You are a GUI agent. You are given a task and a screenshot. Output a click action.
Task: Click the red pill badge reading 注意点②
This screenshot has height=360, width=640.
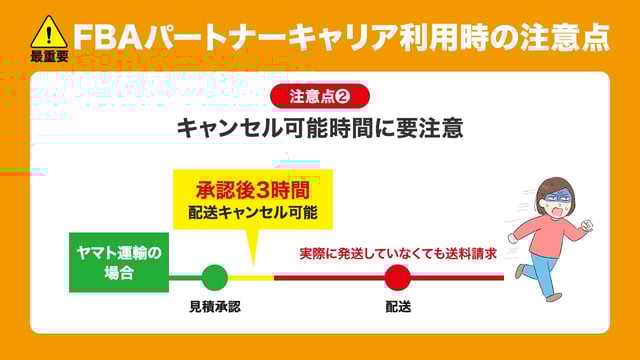click(320, 96)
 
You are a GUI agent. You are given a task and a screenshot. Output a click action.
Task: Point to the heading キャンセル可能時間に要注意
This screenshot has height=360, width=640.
click(320, 129)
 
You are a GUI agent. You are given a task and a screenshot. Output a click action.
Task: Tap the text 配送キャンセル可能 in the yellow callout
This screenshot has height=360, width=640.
click(252, 212)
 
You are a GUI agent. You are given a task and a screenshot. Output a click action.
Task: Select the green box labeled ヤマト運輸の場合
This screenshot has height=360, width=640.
click(118, 261)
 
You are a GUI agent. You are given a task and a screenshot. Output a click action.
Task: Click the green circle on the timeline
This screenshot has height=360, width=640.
click(214, 277)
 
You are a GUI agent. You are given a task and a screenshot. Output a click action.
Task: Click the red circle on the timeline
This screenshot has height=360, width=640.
click(397, 277)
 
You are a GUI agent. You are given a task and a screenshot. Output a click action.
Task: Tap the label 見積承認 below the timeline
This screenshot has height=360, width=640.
click(214, 307)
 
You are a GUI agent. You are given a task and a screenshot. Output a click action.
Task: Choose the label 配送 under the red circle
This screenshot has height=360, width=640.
click(397, 307)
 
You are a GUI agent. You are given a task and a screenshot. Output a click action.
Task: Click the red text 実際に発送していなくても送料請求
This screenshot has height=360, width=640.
click(398, 253)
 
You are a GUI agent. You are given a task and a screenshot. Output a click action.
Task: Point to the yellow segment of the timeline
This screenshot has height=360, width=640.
click(250, 277)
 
